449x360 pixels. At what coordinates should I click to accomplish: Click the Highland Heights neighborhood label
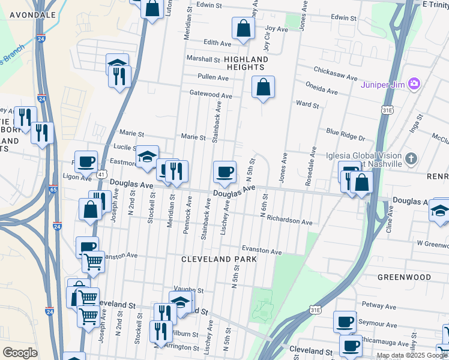[x=246, y=63]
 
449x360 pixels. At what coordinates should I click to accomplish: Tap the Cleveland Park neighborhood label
[x=219, y=259]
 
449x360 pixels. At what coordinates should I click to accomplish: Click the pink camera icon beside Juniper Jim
[x=414, y=83]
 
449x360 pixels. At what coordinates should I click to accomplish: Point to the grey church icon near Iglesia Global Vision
[x=411, y=159]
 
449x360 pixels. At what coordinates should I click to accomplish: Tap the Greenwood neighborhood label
[x=405, y=277]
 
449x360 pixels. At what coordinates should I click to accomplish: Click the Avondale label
[x=28, y=14]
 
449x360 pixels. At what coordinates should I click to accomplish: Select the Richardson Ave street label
[x=290, y=221]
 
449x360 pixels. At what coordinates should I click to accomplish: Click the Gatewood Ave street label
[x=211, y=95]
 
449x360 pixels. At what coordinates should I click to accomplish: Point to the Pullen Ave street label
[x=214, y=77]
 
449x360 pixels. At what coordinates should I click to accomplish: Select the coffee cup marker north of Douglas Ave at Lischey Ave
[x=225, y=172]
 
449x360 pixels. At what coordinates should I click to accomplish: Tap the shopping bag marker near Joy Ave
[x=243, y=28]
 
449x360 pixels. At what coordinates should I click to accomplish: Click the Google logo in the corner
[x=20, y=353]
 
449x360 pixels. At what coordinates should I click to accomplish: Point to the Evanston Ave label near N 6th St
[x=262, y=251]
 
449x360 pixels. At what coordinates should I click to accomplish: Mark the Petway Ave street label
[x=379, y=307]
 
